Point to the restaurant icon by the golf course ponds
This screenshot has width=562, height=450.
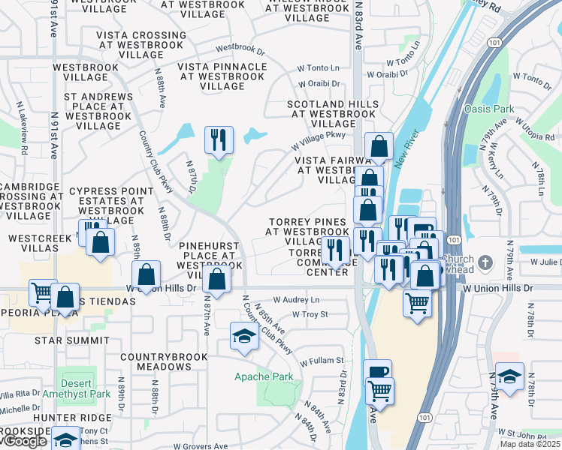pos(219,140)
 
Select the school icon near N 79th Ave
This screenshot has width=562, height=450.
pos(509,376)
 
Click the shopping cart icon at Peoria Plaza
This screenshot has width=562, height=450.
pos(42,292)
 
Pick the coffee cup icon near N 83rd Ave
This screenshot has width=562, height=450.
pos(377,371)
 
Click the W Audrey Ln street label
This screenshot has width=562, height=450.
pos(296,299)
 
